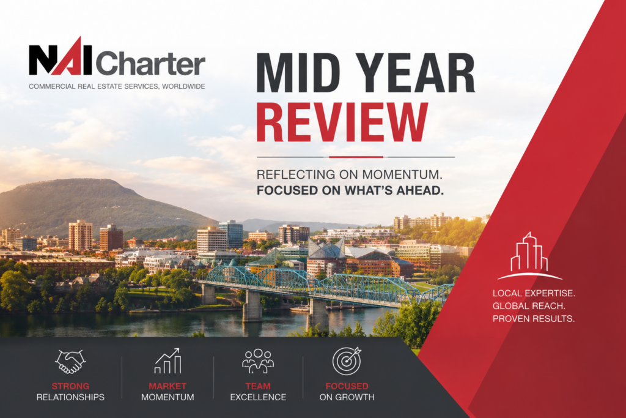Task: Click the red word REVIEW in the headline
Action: point(342,122)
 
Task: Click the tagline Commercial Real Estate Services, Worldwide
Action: point(117,86)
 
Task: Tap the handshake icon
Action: point(70,362)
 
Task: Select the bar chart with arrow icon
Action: point(168,361)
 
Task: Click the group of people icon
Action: point(258,361)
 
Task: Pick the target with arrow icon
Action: point(347,361)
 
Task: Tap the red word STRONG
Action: point(70,386)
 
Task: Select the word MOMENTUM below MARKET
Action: point(168,397)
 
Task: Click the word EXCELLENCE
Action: point(258,397)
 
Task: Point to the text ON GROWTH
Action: point(347,397)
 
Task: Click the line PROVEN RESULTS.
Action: point(533,319)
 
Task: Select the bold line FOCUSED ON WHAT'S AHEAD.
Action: point(350,190)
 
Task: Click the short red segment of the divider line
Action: point(356,157)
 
